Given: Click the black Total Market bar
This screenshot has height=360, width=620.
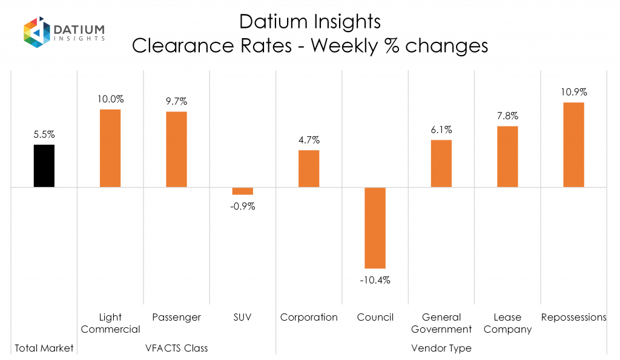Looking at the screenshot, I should (x=44, y=166).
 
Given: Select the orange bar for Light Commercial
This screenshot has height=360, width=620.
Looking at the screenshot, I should (x=110, y=148).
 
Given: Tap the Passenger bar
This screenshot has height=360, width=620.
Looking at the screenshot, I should (x=176, y=149).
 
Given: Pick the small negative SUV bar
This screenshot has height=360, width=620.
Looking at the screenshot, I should (x=243, y=191).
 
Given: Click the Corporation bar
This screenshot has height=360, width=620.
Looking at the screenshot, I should (x=309, y=169).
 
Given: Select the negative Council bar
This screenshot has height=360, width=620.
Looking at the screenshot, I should (x=375, y=227).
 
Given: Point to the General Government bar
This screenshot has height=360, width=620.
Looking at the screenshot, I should (x=441, y=163).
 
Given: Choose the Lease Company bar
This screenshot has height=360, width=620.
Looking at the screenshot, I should (x=507, y=157).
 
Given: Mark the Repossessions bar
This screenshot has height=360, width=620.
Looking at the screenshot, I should (x=573, y=145).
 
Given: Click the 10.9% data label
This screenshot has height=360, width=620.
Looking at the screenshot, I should (x=574, y=93).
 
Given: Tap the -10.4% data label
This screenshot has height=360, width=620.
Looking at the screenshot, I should (x=375, y=280).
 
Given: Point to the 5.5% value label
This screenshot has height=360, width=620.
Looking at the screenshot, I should (x=44, y=135).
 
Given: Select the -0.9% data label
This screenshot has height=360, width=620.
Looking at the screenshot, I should (x=243, y=206).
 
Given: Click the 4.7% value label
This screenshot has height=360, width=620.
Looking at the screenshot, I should (x=309, y=140).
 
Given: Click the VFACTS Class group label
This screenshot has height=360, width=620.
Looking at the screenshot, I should (x=177, y=348).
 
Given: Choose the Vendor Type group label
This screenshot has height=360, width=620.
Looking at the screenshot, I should (x=441, y=348).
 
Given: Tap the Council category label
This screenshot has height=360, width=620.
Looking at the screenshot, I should (x=375, y=317).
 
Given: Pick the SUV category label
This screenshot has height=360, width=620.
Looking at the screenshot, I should (x=243, y=317).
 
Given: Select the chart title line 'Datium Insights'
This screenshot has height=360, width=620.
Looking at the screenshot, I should (x=309, y=22).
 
